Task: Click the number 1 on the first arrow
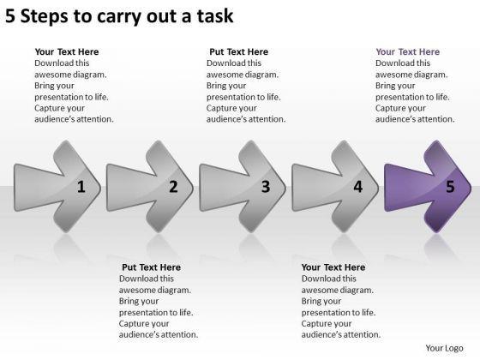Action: click(81, 187)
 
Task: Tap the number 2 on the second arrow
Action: click(173, 187)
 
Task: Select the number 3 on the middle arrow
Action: click(266, 187)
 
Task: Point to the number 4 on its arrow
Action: click(358, 187)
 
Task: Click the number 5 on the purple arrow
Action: click(450, 187)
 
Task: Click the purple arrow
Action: click(428, 187)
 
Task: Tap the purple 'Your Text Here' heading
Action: click(407, 51)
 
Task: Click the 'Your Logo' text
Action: click(444, 348)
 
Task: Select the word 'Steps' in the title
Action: click(45, 16)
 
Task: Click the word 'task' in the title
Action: click(215, 16)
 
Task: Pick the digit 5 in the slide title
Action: click(9, 16)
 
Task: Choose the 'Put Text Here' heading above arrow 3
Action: click(239, 51)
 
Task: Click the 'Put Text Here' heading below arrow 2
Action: click(151, 267)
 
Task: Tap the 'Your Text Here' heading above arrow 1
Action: click(67, 51)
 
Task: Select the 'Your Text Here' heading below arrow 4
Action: click(333, 267)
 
